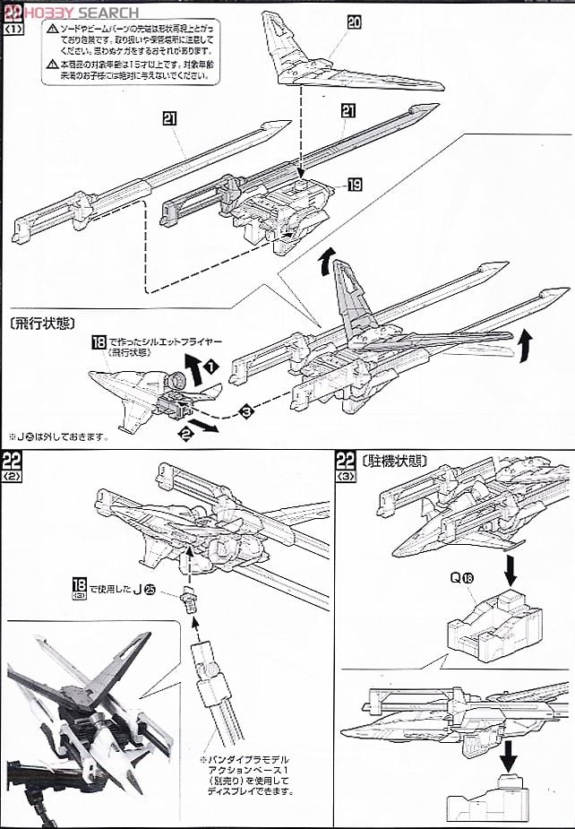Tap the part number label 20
(354, 22)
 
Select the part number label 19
(355, 186)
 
